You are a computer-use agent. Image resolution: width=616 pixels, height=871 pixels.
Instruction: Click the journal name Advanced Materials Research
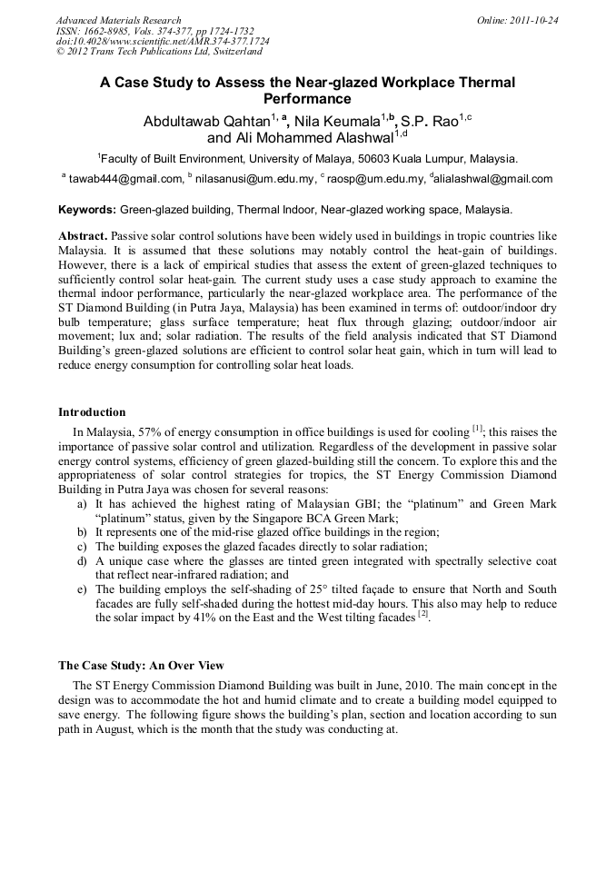118,20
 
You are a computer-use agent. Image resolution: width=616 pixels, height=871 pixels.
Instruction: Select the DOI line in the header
163,41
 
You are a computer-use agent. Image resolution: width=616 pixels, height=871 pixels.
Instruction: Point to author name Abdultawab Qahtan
209,121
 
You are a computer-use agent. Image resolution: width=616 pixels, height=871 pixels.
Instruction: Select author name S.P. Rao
429,121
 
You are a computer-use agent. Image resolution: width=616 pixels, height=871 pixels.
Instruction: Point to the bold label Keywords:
87,209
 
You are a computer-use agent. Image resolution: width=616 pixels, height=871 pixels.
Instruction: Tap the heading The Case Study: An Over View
141,666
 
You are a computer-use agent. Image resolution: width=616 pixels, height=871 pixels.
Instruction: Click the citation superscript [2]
422,615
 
